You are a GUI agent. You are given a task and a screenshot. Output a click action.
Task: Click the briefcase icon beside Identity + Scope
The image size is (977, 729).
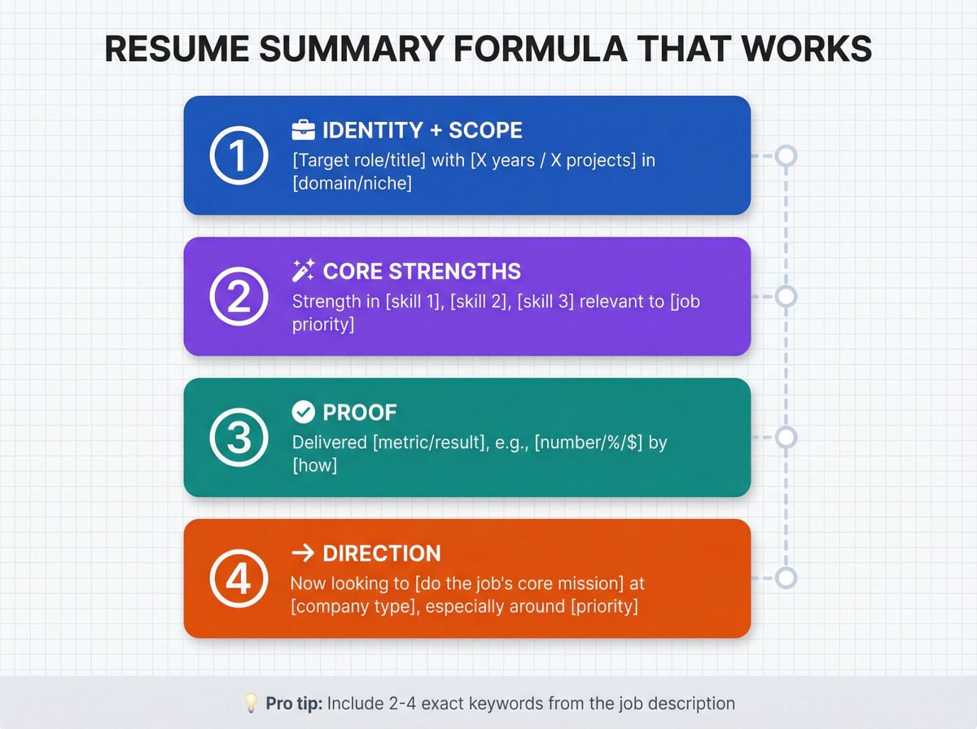pos(303,130)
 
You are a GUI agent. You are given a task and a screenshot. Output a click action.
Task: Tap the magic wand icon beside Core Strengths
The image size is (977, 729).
pos(303,271)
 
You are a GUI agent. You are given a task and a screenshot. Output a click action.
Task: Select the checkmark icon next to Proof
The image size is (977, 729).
pos(303,413)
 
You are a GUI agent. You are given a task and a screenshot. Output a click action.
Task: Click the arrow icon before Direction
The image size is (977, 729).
pos(303,553)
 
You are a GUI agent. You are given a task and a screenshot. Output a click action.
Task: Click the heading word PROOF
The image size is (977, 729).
pos(360,413)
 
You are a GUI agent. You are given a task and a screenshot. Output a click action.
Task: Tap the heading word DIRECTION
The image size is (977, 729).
pos(382,553)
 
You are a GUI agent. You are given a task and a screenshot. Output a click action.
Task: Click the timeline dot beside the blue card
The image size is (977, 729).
pos(785,155)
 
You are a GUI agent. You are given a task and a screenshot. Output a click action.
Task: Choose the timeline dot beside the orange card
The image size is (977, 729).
pos(785,578)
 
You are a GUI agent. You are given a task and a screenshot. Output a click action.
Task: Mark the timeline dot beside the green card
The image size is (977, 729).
pos(785,438)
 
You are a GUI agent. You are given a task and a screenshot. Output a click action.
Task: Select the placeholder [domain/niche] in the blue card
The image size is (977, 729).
pos(352,184)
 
